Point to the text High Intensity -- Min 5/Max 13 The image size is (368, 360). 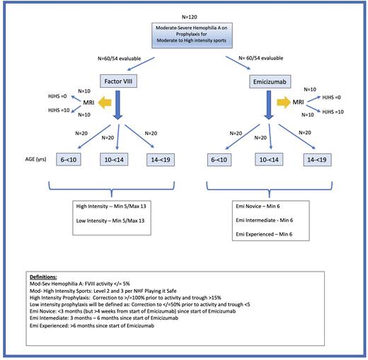click(115, 207)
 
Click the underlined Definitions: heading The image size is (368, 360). click(45, 277)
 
